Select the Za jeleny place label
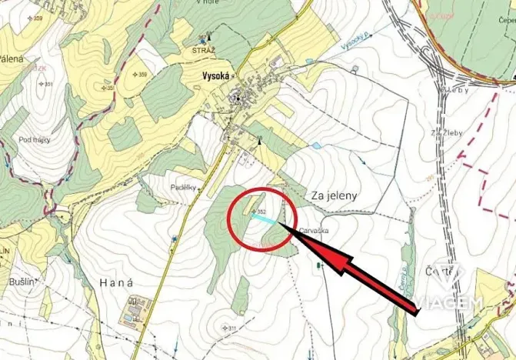[335, 196]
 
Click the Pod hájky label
[35, 139]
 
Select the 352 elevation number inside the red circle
[261, 211]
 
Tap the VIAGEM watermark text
[454, 302]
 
